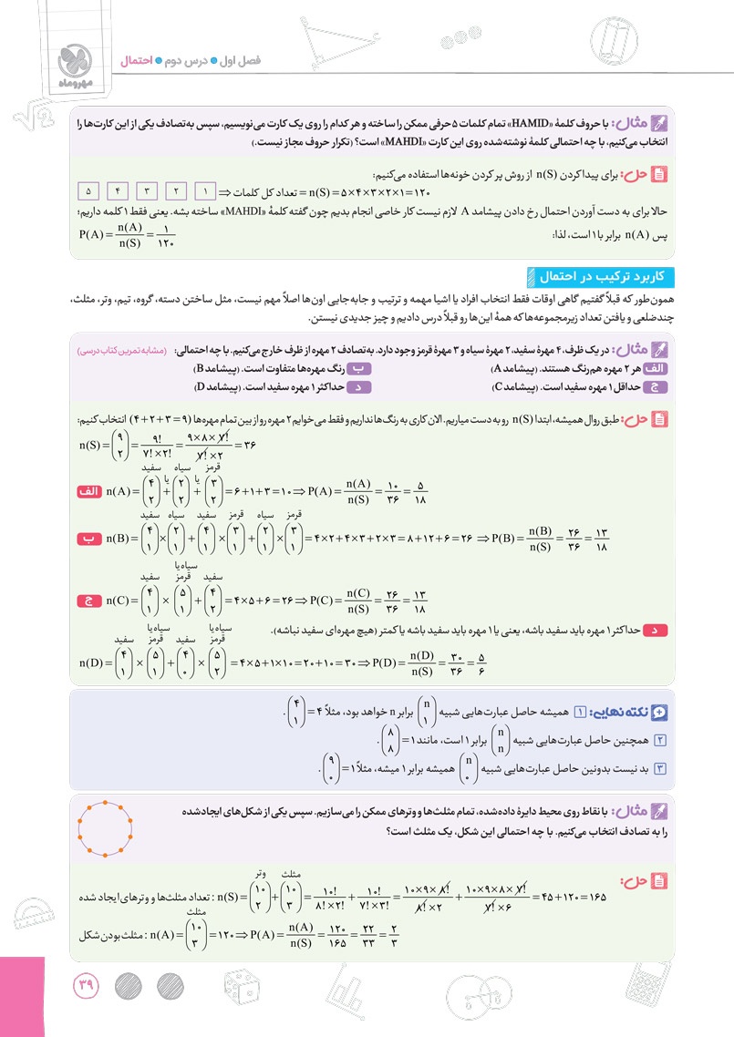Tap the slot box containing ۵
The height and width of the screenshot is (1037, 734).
(88, 192)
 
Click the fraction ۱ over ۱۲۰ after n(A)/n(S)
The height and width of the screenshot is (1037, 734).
(165, 234)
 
